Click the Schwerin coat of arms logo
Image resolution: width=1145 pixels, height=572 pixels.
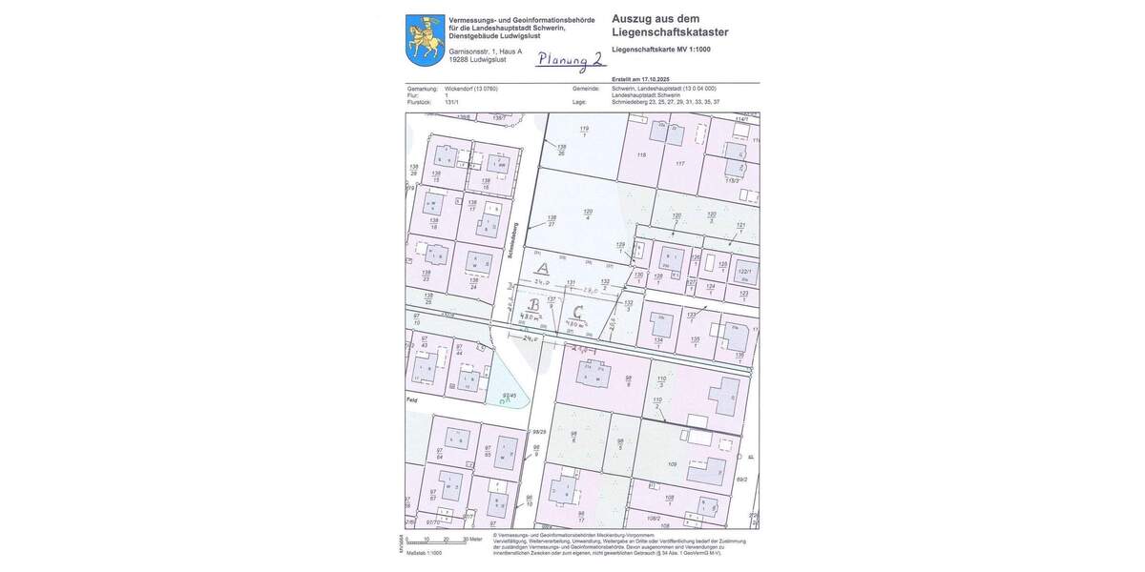coord(423,40)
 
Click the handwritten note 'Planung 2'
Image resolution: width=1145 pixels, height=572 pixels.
coord(569,59)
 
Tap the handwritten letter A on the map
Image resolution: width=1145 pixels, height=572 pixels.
coord(542,269)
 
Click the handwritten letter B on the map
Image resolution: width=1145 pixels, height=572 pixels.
coord(534,305)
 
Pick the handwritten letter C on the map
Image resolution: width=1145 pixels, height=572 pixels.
coord(576,311)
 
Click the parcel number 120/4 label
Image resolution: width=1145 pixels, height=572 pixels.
coord(588,214)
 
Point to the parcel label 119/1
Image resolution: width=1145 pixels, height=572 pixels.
coord(583,130)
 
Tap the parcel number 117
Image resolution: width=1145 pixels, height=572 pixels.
coord(679,164)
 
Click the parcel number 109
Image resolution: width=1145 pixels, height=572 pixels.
coord(672,464)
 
